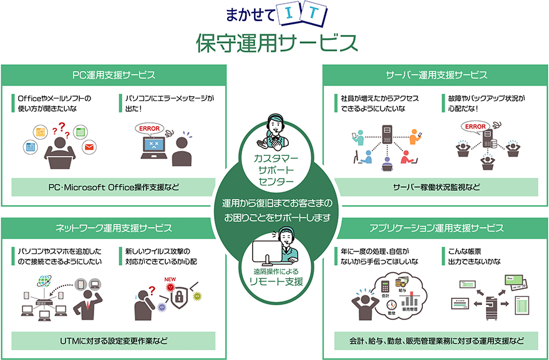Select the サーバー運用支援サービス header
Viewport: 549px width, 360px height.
coord(436,75)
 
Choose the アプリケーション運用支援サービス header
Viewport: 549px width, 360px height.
coord(436,228)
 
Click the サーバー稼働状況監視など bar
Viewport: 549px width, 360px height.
coord(436,187)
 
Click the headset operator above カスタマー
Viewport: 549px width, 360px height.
coord(275,129)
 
